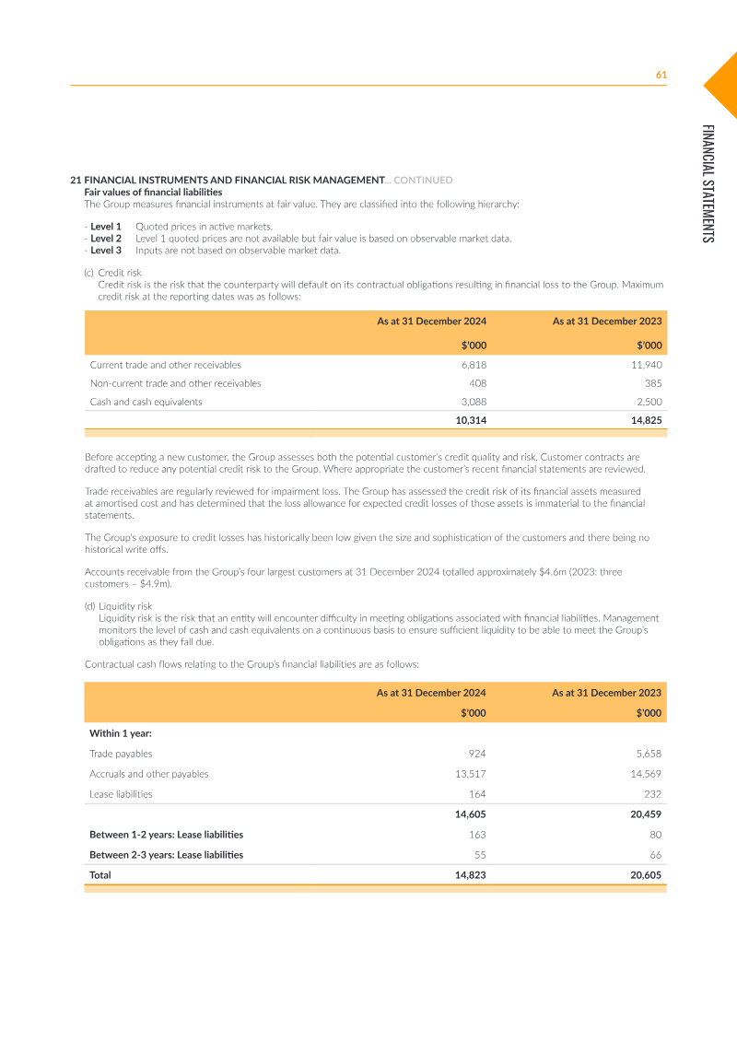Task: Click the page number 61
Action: [x=661, y=75]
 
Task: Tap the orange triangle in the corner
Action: [x=724, y=84]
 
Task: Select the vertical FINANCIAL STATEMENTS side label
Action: [x=708, y=183]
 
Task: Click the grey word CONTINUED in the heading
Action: [x=423, y=180]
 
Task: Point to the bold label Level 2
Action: [x=106, y=238]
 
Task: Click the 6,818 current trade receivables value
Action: [x=474, y=365]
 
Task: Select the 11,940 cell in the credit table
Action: [x=646, y=365]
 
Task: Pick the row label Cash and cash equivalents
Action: [x=146, y=402]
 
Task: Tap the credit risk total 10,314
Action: [x=471, y=420]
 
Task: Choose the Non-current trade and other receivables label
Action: [x=175, y=383]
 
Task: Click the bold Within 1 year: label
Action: [x=121, y=733]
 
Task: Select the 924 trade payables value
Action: [x=477, y=754]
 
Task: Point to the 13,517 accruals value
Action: [x=470, y=774]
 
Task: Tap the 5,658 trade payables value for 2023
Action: [x=648, y=754]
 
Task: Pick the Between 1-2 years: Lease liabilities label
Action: [x=166, y=835]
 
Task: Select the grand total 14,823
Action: [x=471, y=875]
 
